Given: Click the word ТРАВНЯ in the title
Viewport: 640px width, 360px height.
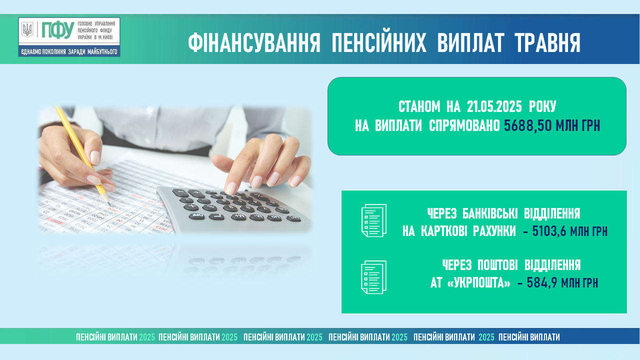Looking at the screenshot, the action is pos(547,43).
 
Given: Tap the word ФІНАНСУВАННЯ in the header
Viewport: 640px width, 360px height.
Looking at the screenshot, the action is pos(254,43).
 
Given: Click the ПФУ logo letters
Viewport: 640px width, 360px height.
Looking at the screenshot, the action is pos(58,30).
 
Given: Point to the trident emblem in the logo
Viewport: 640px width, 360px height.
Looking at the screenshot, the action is pos(27,29).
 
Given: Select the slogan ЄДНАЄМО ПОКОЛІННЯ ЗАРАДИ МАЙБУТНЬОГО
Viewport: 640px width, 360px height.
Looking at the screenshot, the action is pos(69,51).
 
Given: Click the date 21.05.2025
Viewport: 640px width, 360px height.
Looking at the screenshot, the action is pos(494,106).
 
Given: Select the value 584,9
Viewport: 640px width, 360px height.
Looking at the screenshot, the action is pos(542,282).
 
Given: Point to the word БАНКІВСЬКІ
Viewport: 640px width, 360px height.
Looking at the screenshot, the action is pos(489,213).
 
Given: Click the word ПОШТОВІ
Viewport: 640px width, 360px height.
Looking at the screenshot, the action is pos(497,265).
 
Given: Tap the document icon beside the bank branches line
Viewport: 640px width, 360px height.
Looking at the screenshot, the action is pos(373,220).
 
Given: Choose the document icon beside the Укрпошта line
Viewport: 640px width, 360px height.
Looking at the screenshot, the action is pos(373,277).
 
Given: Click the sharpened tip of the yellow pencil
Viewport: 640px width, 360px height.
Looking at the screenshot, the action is pos(109,204).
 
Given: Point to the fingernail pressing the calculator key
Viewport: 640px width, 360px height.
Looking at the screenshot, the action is pos(230,188).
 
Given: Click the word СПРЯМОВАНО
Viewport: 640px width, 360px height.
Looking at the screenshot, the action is pos(464,125).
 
